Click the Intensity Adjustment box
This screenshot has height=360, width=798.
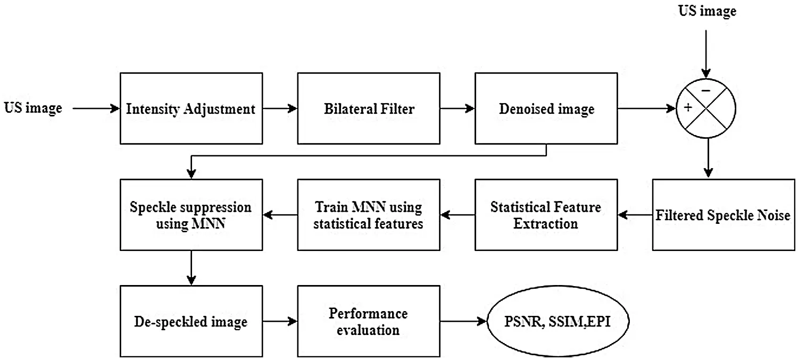pos(192,108)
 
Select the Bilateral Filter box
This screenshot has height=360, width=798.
pos(369,108)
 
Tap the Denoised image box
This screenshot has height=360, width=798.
pos(546,108)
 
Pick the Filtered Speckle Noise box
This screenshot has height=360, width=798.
pos(724,215)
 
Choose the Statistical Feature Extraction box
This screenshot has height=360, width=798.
pos(546,215)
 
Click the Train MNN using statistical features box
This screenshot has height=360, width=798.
pos(369,215)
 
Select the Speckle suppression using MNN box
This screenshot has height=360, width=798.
pos(192,215)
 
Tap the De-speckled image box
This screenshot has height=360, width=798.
pos(192,321)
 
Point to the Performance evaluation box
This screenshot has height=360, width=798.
pos(369,321)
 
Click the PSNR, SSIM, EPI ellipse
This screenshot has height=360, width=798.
pos(558,321)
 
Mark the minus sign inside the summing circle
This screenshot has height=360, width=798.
pos(706,91)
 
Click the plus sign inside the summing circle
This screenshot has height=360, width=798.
pos(688,107)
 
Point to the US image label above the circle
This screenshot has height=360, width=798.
pos(707,11)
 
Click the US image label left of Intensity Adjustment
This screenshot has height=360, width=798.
pos(33,108)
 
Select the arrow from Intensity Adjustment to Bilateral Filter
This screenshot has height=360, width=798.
pos(280,108)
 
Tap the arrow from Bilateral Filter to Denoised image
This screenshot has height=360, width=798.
pos(458,108)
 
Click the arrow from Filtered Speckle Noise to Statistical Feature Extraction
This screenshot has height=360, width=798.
pos(635,215)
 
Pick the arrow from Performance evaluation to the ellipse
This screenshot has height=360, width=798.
pos(463,321)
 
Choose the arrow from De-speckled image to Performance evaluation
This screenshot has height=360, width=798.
pos(280,321)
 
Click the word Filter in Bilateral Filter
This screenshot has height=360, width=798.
pos(398,108)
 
